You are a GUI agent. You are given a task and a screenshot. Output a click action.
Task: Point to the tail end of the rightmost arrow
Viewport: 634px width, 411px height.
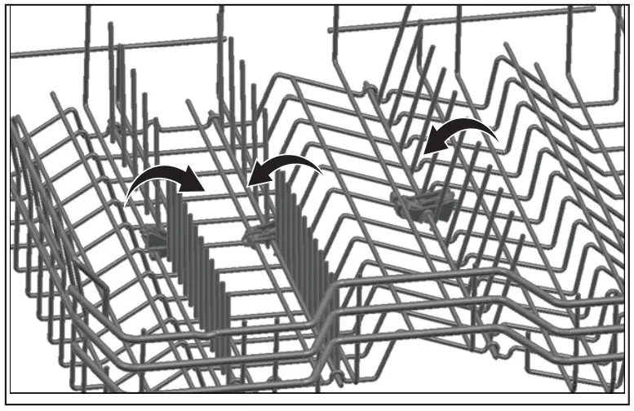[x=495, y=140]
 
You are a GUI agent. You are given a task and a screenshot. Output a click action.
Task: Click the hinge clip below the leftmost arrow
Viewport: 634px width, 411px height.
[x=156, y=237]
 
